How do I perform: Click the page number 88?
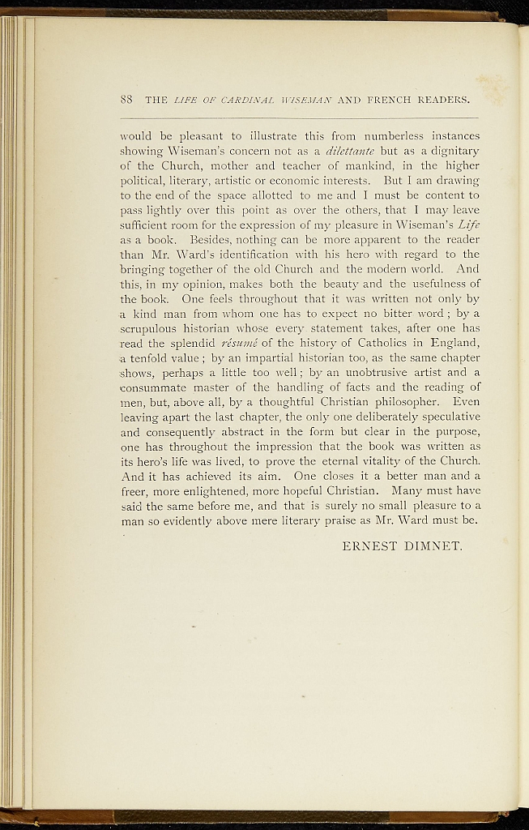point(126,101)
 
